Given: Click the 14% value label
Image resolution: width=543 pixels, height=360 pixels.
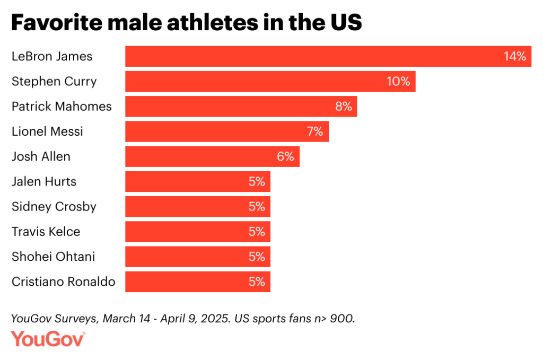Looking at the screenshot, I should tap(514, 56).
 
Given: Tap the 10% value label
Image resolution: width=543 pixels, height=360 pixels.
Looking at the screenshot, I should tap(398, 82).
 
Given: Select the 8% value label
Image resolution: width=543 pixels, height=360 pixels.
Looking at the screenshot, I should tap(344, 107).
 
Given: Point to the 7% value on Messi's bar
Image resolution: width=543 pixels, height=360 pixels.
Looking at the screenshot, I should tap(315, 131).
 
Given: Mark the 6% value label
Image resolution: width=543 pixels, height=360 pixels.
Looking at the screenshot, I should tap(286, 156).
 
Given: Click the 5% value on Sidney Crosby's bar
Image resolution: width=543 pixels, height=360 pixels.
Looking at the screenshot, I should tap(257, 206).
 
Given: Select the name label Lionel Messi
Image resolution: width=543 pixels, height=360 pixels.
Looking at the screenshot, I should tap(47, 131).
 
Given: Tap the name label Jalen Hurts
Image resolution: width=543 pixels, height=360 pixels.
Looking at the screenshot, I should tap(44, 181).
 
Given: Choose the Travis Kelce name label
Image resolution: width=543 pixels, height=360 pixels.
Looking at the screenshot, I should tap(46, 232).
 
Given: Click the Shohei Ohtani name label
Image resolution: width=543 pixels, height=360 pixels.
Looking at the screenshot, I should tap(54, 257).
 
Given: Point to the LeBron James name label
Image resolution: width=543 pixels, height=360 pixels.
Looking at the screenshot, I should tap(52, 56).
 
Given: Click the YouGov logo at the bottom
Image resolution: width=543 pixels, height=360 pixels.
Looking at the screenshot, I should tap(48, 339).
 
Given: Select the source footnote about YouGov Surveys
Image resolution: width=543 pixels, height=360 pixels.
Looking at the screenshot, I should tap(183, 319).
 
